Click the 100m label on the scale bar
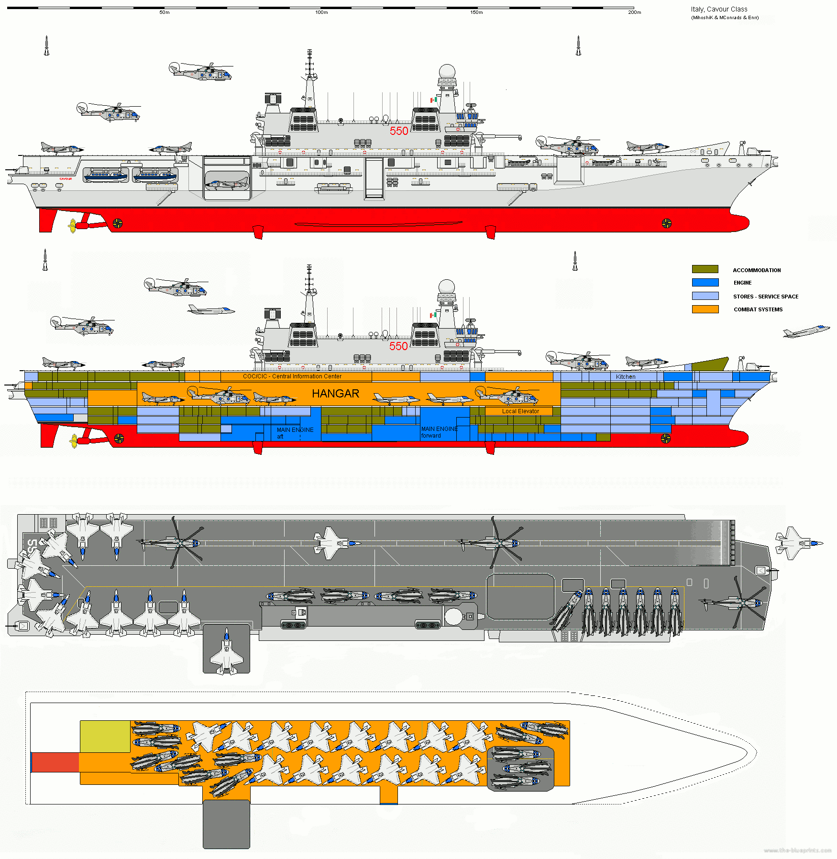tap(321, 12)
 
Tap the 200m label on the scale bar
tap(634, 12)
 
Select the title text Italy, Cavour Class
tap(719, 9)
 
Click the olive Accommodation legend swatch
tap(705, 269)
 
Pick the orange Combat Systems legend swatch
tap(705, 309)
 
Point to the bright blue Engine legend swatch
tap(705, 283)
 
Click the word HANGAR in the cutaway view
tap(335, 394)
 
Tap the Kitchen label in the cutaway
tap(626, 377)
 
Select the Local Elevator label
tap(520, 411)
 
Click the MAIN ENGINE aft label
tap(295, 432)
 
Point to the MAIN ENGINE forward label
tap(439, 432)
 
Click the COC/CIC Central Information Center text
tap(292, 376)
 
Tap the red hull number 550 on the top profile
tap(399, 131)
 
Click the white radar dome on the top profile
tap(447, 71)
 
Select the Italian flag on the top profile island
tap(433, 100)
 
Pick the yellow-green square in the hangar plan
tap(105, 737)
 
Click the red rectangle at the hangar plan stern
tap(55, 762)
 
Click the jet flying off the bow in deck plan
tap(798, 543)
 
